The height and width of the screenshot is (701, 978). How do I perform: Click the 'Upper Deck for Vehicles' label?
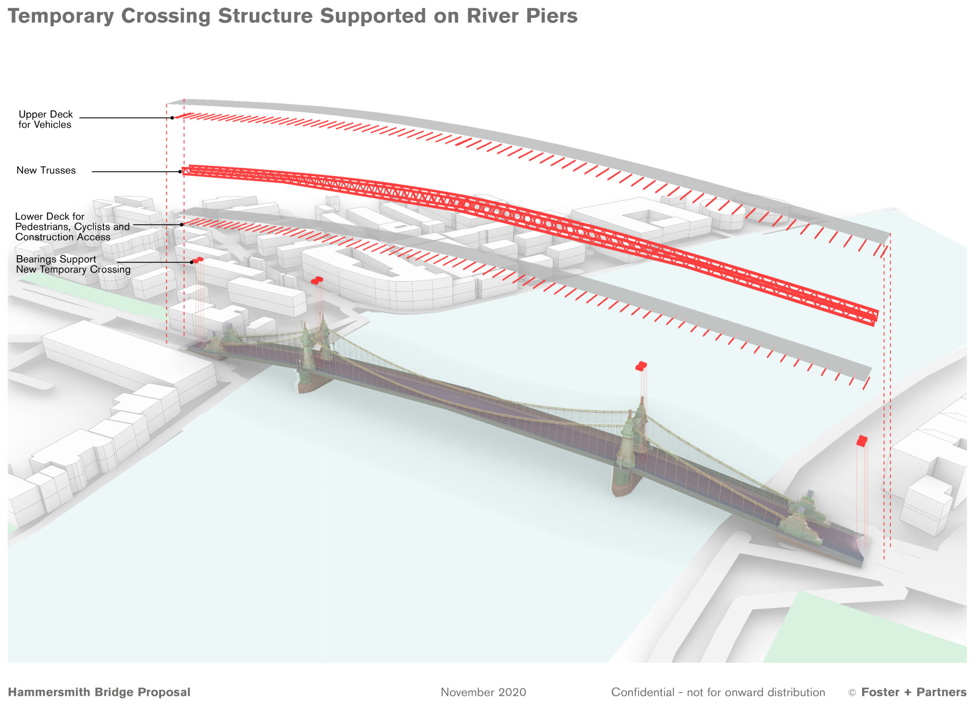(45, 120)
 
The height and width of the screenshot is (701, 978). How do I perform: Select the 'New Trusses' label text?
(46, 170)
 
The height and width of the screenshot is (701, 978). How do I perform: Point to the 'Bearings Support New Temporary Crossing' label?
(73, 264)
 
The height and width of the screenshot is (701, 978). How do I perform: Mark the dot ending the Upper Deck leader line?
(172, 118)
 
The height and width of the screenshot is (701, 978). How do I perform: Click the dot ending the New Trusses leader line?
(180, 172)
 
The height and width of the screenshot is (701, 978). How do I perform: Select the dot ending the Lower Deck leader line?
(182, 225)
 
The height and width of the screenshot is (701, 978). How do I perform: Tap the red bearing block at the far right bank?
(861, 440)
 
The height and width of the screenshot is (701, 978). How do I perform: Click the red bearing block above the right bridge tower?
(641, 366)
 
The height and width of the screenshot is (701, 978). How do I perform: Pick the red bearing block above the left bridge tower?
(317, 280)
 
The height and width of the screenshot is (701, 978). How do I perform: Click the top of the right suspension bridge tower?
(642, 401)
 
